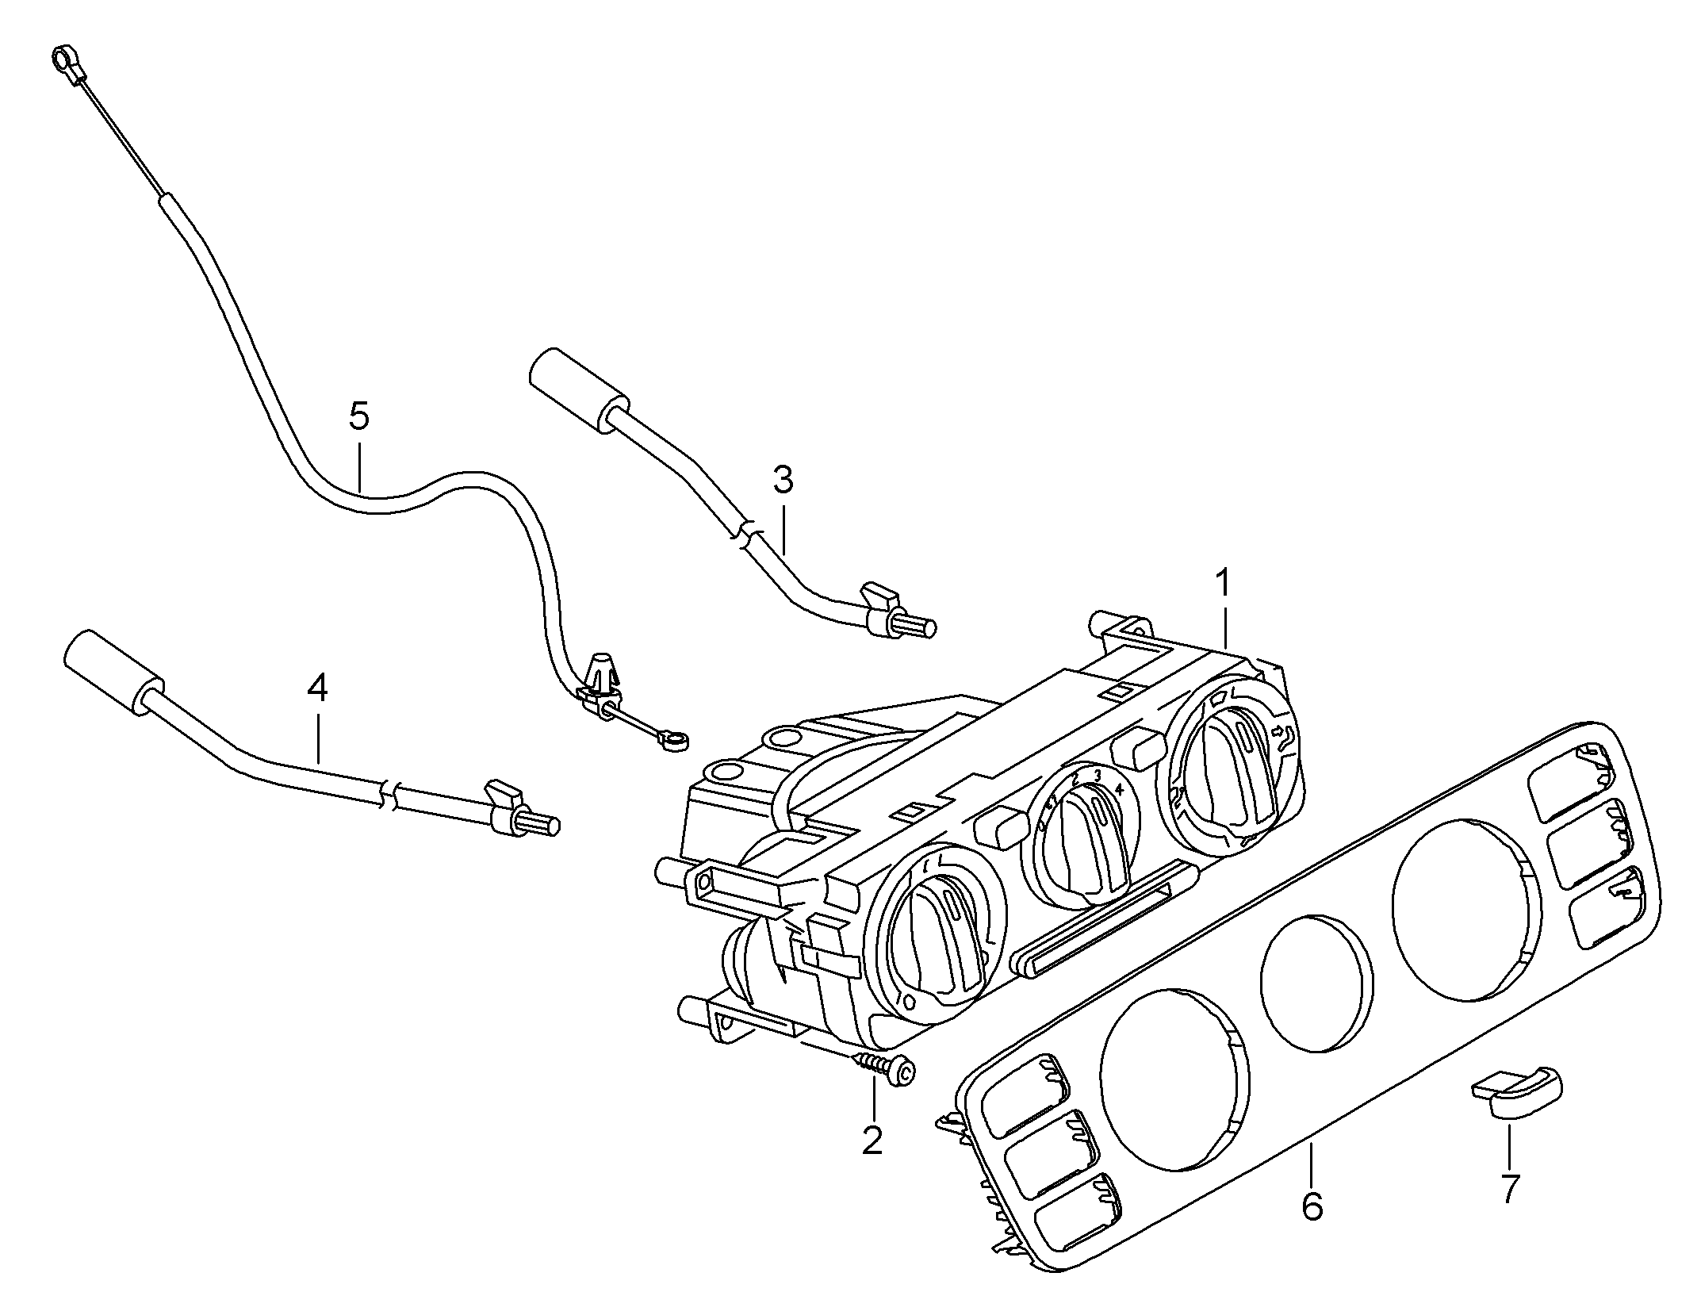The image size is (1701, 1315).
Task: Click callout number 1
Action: tap(1224, 585)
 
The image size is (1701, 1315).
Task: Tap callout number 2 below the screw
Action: tap(872, 1141)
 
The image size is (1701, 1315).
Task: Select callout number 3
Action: tap(783, 480)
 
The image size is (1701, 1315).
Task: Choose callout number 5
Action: tap(359, 416)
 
